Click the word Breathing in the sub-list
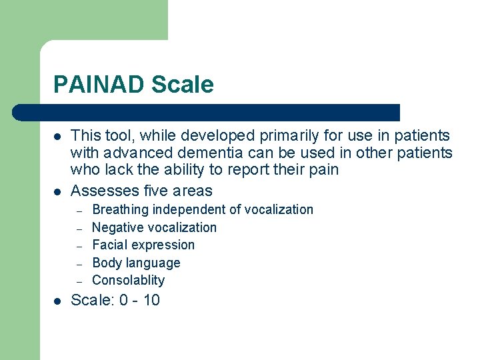tap(120, 210)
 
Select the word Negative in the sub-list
tap(117, 227)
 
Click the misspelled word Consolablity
tap(128, 280)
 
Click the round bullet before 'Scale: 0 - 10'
tap(58, 301)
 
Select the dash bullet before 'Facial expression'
tap(79, 246)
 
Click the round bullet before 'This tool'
tap(58, 137)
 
